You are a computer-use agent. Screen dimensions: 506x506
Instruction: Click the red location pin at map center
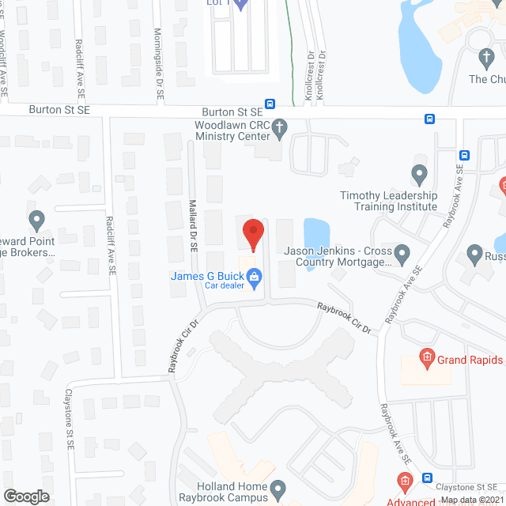point(252,232)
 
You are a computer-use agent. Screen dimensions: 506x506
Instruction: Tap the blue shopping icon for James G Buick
point(255,276)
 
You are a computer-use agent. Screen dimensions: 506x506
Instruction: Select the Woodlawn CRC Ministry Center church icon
point(279,127)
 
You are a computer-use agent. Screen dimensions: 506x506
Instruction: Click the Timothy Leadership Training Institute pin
point(420,173)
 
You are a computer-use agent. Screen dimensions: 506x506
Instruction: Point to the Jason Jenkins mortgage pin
point(402,255)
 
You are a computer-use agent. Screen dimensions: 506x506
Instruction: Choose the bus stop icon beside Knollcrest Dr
point(270,104)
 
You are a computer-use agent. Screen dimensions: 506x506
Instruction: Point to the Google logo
point(26,496)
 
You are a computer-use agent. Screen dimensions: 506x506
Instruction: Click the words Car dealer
point(226,286)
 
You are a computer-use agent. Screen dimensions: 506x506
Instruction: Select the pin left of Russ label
point(474,255)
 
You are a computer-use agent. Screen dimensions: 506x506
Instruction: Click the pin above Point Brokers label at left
point(36,219)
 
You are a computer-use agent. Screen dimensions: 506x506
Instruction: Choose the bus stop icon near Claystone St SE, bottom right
point(427,478)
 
